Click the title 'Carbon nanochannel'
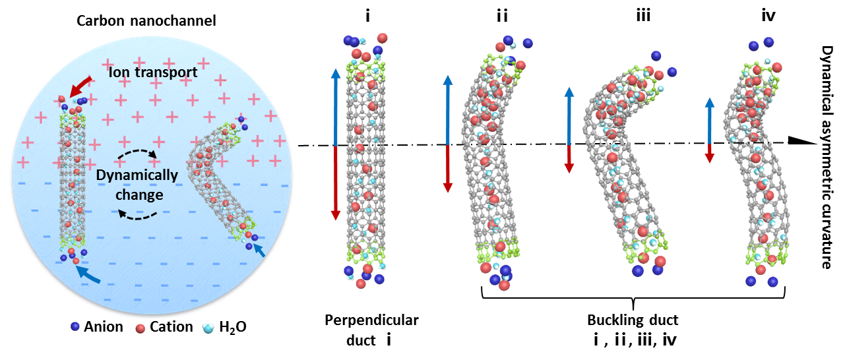coord(146,20)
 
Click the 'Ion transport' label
coord(153,72)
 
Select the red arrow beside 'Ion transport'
coord(81,86)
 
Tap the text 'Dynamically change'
coord(137,185)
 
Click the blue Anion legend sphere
coord(75,326)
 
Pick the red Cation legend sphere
coord(140,328)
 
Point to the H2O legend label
coord(233,327)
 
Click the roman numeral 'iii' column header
coord(643,16)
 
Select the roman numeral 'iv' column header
coord(768,16)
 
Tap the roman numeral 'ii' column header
coord(503,16)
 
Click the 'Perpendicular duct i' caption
coord(371,330)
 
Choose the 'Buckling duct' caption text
coord(633,320)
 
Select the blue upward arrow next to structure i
coord(335,107)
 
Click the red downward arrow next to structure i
coord(335,183)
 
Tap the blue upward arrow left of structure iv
coord(709,121)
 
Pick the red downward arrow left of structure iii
coord(569,159)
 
